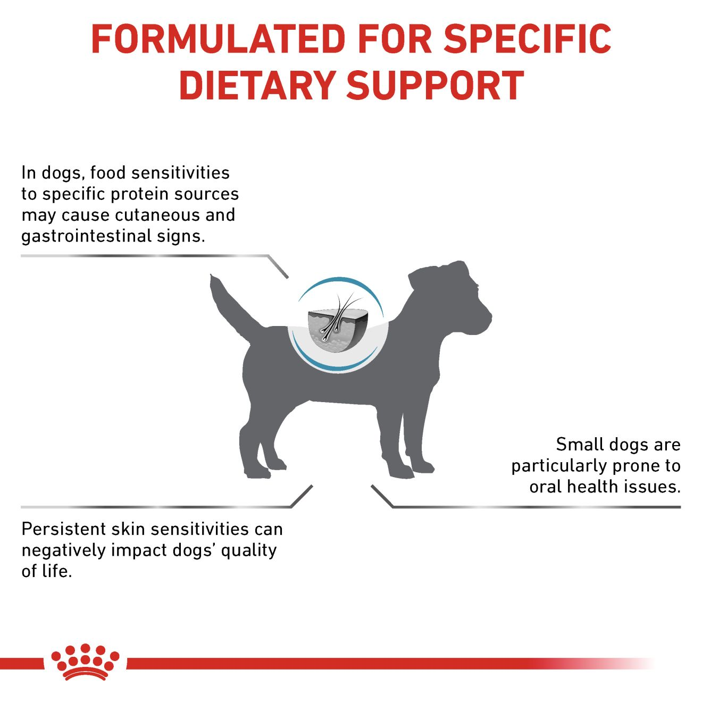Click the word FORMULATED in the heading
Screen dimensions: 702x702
(219, 39)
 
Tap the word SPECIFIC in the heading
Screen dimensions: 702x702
(527, 39)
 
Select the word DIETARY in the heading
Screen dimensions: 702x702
(256, 86)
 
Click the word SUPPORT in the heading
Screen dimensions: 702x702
(435, 86)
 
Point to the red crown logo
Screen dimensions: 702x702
(85, 662)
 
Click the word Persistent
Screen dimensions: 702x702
(63, 529)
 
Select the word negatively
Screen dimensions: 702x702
(63, 550)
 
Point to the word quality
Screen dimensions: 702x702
(249, 550)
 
